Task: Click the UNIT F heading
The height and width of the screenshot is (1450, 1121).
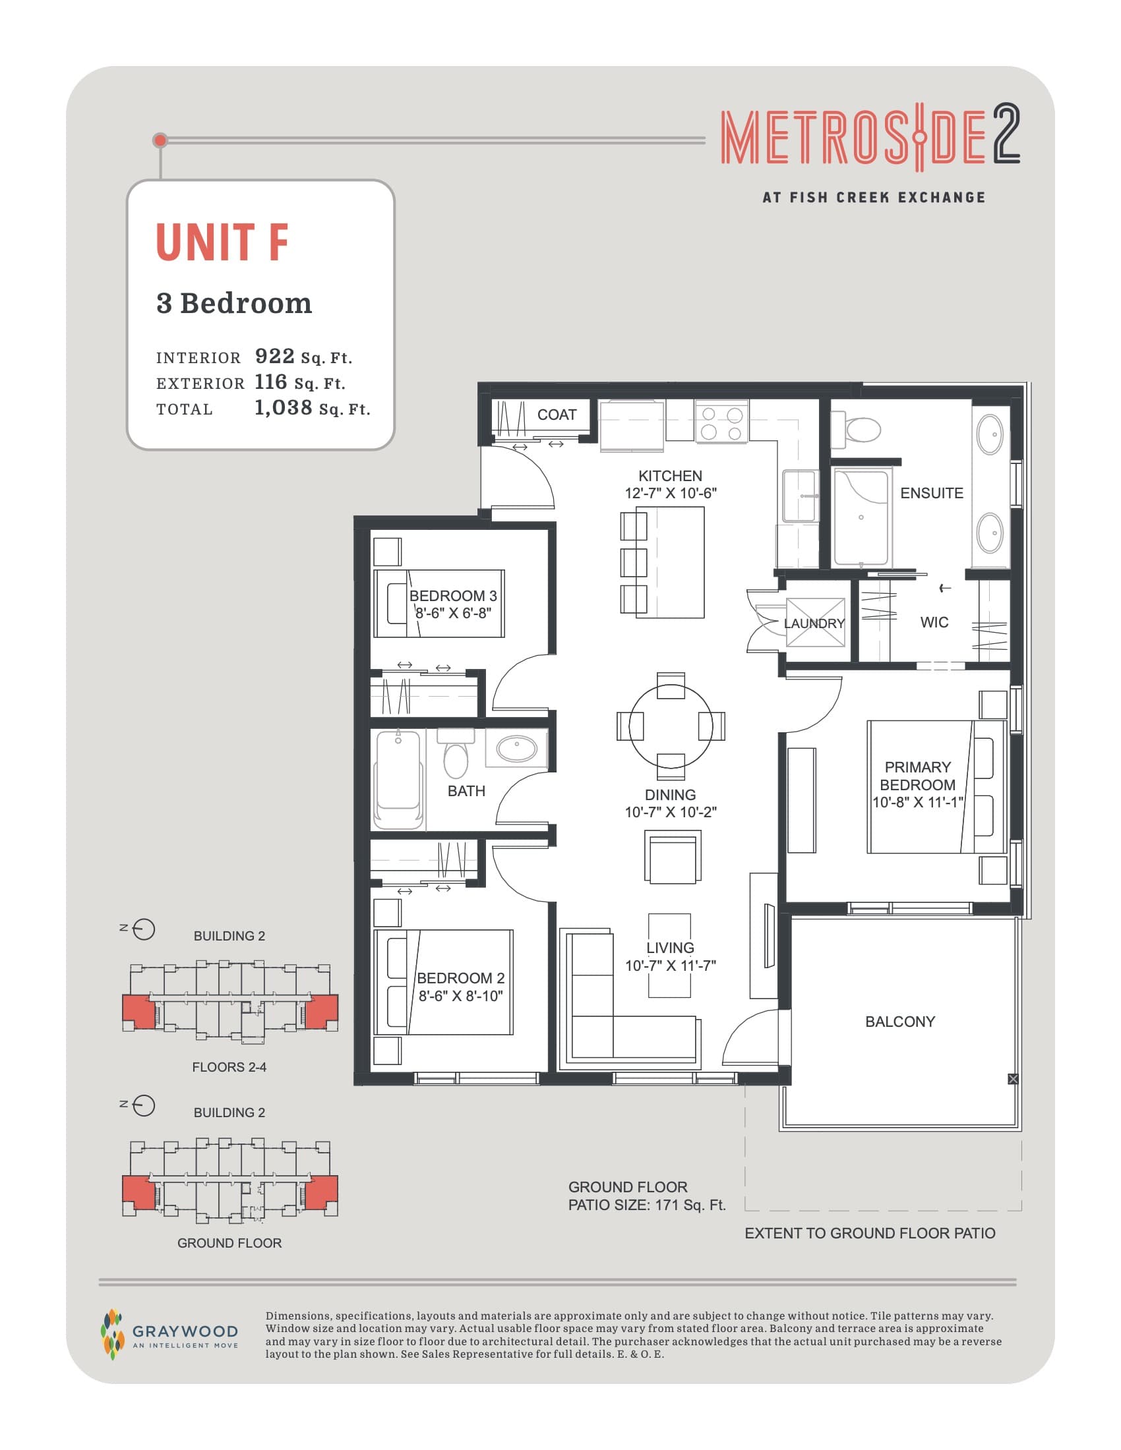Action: [222, 243]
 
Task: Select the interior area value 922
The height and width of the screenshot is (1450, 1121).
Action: [274, 357]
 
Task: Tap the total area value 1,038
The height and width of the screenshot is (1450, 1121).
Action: [283, 407]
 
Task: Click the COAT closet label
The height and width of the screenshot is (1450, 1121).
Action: [557, 415]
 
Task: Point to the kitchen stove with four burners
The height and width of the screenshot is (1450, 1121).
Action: [721, 423]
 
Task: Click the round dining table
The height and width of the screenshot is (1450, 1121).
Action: [671, 726]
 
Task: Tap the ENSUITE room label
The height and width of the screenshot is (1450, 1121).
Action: [931, 493]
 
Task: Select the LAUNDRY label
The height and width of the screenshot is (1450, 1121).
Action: [814, 623]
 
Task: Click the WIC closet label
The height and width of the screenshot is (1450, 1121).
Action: [934, 622]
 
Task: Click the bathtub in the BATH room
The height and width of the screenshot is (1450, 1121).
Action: [398, 780]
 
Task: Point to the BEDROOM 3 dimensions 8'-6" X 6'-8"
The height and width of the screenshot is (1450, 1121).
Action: [453, 613]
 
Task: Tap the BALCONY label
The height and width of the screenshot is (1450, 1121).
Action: [900, 1022]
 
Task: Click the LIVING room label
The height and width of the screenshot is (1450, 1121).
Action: [670, 948]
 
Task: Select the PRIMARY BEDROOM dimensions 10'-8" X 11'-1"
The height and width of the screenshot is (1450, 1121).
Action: [917, 802]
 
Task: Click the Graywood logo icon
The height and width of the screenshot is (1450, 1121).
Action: [112, 1335]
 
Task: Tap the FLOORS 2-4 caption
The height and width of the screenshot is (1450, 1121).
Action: [229, 1067]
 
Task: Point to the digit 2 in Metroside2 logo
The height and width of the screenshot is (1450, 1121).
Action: [1006, 134]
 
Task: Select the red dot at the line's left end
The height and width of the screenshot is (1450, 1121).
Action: [160, 140]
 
